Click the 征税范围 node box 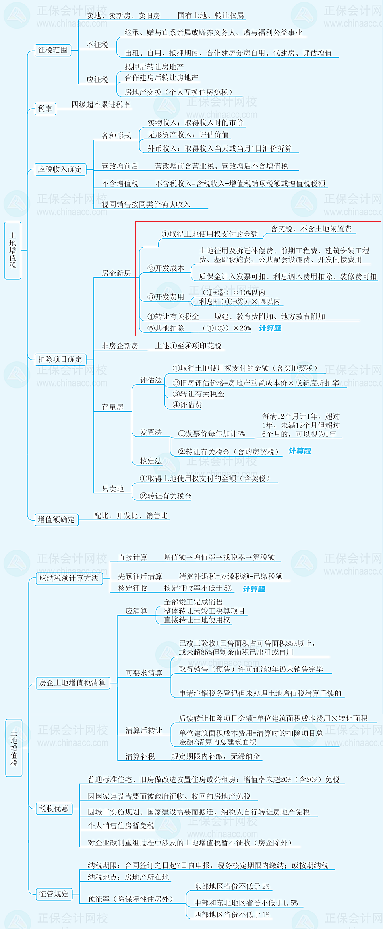[x=53, y=50]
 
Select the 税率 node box [x=45, y=109]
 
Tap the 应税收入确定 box [x=60, y=169]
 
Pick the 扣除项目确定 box [x=60, y=360]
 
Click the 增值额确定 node [x=56, y=519]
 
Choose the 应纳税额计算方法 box [x=69, y=578]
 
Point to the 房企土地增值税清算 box [x=73, y=683]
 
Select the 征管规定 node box [x=54, y=894]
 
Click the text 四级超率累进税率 [x=101, y=105]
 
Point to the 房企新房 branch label [x=116, y=273]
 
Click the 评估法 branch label [x=151, y=380]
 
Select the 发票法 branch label [x=151, y=432]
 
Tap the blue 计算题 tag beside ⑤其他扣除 [x=270, y=328]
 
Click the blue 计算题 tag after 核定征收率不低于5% [x=254, y=589]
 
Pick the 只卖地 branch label [x=113, y=489]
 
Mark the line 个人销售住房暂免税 [x=121, y=826]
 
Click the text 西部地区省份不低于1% [x=232, y=915]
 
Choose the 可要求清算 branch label [x=144, y=673]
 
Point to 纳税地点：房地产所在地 [x=128, y=877]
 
